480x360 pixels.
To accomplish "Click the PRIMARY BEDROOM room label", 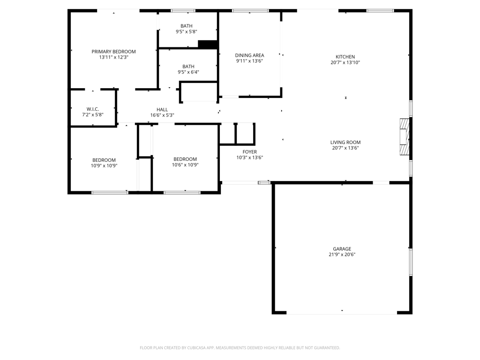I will (x=113, y=52).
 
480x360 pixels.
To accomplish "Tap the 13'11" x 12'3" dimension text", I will (x=113, y=57).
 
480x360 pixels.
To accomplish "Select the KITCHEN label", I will (x=345, y=57).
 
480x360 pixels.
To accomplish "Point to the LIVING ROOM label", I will (x=345, y=142).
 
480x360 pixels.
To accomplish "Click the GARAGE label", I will (x=342, y=249).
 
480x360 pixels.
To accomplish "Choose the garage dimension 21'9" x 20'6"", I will (x=342, y=255).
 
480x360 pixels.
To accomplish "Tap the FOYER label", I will (x=249, y=152).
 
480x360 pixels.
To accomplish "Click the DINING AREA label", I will (x=249, y=55).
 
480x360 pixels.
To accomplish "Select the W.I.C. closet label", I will (x=93, y=109).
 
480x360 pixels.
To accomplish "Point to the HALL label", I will (x=162, y=110).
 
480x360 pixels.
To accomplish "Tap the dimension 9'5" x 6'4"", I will (x=188, y=72).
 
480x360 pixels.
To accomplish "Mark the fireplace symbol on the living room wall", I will (x=404, y=137).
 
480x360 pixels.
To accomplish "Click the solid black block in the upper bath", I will (x=208, y=45).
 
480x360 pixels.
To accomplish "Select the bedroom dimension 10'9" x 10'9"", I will (x=104, y=165).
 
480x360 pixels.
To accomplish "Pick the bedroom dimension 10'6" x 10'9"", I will (x=185, y=165).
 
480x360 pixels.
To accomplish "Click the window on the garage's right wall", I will (x=411, y=262).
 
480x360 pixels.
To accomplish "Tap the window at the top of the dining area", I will (x=250, y=11).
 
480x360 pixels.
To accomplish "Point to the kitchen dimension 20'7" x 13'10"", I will (x=345, y=62).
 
